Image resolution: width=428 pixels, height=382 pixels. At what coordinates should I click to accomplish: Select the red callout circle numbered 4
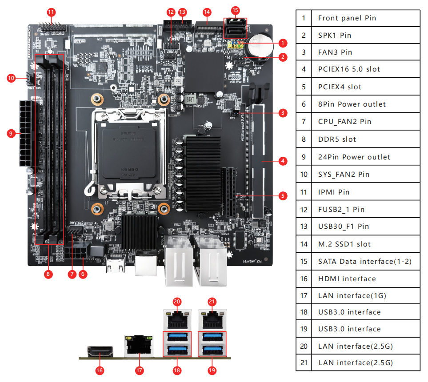283,161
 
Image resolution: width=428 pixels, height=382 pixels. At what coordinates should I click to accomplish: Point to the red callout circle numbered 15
236,10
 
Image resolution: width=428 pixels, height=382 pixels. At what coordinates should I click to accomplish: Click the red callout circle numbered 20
177,302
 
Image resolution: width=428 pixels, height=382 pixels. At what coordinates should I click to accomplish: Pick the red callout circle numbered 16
100,370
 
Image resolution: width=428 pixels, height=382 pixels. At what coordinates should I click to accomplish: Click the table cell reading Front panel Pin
365,18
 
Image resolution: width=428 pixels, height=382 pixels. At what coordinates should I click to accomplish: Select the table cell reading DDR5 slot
365,139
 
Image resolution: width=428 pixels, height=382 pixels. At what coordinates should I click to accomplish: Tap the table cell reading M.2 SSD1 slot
365,244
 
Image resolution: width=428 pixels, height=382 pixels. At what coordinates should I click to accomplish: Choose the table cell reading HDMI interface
365,279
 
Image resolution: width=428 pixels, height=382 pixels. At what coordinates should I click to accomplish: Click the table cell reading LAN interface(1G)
365,296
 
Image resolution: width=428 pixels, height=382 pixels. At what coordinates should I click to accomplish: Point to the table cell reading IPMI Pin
365,192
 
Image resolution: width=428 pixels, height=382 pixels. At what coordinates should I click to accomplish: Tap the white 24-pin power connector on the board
26,133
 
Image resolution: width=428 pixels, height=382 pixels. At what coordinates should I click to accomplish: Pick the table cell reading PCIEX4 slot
365,87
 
